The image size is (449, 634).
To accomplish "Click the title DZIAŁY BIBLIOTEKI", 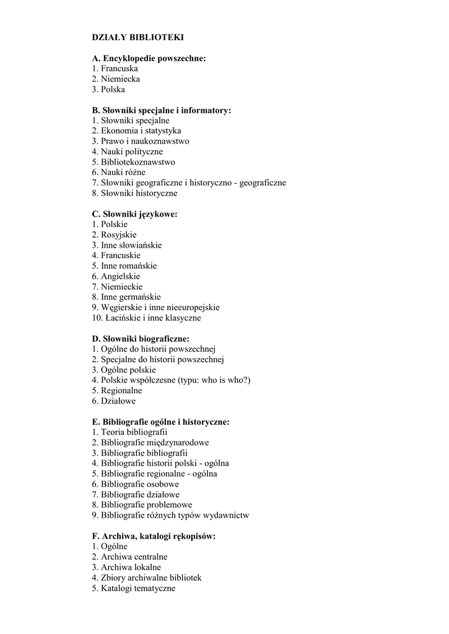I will coord(137,37).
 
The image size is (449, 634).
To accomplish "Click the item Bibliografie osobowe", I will coord(135,484).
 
